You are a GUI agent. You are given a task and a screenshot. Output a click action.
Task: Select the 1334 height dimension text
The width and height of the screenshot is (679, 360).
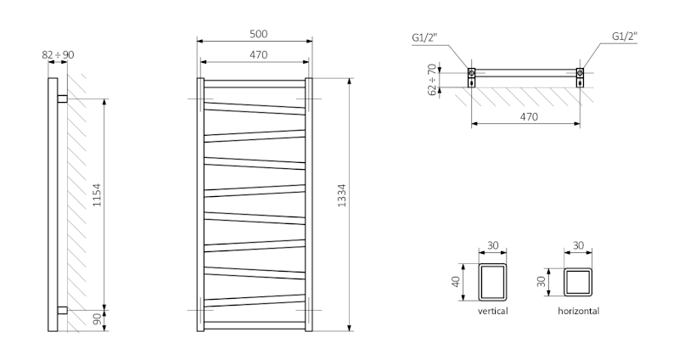342,205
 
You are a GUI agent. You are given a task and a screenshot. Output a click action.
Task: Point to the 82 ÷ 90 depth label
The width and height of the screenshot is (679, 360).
58,54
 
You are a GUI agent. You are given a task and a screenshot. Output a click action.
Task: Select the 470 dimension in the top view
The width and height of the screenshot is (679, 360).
528,117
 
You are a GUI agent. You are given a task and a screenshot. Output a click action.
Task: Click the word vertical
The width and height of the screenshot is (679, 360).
493,312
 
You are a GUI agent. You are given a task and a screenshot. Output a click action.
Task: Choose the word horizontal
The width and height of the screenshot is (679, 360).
579,312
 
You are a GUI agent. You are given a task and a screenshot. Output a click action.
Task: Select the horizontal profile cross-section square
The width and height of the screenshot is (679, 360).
579,282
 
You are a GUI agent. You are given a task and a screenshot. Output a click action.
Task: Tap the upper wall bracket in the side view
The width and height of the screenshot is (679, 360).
62,99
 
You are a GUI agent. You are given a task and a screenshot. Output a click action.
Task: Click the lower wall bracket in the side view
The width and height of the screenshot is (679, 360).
62,309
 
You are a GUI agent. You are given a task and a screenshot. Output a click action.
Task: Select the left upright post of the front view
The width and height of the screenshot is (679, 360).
201,205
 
